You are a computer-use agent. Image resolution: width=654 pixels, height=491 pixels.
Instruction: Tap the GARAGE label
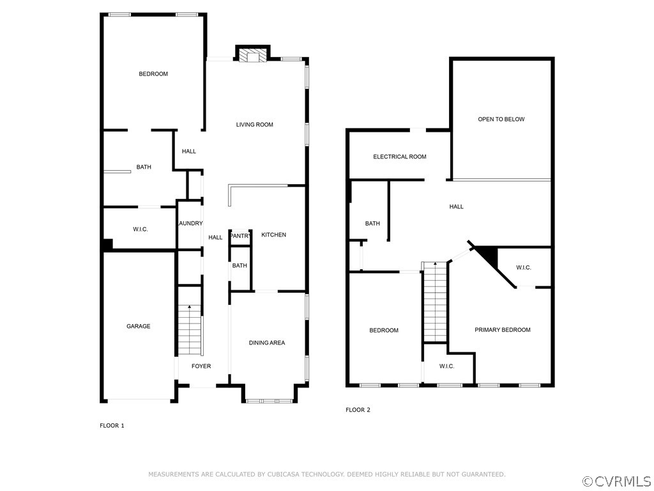click(x=138, y=326)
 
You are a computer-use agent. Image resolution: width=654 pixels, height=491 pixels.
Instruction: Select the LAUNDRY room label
click(x=190, y=223)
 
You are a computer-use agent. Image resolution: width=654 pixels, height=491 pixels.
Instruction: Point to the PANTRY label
click(x=240, y=236)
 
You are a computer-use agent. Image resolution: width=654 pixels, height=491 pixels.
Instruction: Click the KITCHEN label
click(x=273, y=235)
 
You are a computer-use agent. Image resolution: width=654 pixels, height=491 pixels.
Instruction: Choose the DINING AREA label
click(x=267, y=343)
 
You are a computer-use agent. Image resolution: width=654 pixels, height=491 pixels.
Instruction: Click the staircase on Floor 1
click(x=190, y=330)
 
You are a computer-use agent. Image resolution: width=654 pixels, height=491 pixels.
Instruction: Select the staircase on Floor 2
click(x=434, y=302)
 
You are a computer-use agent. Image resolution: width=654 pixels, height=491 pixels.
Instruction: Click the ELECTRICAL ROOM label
click(x=400, y=157)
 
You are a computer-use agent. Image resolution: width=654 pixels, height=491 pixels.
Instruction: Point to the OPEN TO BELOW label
click(x=501, y=119)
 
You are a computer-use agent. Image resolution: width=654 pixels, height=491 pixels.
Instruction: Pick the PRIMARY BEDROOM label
click(x=503, y=330)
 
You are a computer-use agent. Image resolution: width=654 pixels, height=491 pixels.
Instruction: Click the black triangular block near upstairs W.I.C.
click(x=489, y=256)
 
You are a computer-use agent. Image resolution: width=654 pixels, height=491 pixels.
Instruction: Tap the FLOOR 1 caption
click(x=112, y=425)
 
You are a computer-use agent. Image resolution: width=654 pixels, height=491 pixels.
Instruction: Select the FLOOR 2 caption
click(x=358, y=410)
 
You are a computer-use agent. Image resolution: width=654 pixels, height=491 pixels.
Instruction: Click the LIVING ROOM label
click(x=254, y=125)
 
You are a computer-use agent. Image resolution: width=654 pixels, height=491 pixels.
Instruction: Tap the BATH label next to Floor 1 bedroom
click(x=144, y=168)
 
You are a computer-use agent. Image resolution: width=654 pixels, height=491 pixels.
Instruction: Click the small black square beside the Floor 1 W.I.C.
click(x=108, y=244)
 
